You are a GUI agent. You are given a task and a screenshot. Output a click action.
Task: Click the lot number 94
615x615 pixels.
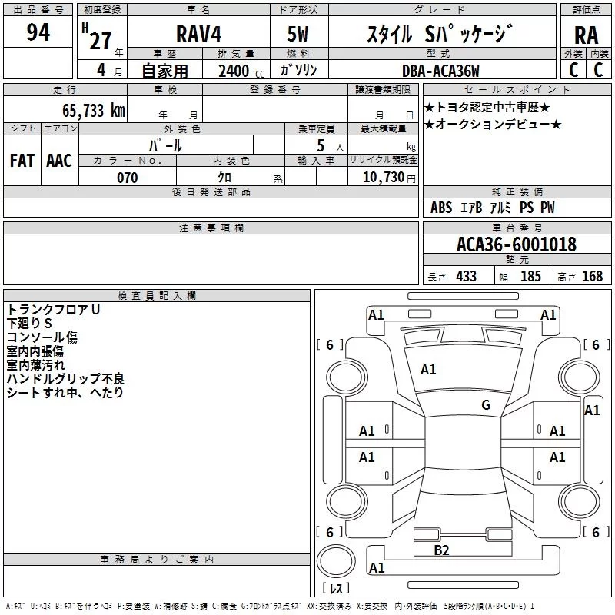point(38,32)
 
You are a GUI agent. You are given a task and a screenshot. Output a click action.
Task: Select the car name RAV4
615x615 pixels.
point(198,34)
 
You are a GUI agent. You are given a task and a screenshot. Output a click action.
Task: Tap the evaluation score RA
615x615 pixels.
point(586,35)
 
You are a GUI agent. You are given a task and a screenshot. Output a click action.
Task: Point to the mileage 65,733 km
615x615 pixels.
point(94,110)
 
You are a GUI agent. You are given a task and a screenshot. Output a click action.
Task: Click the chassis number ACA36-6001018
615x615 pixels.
point(517,244)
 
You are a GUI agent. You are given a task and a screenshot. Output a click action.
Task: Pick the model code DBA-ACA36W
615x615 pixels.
point(440,71)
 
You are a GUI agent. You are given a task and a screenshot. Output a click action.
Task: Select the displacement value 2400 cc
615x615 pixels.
point(241,71)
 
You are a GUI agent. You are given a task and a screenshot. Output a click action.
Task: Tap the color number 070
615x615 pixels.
point(128,178)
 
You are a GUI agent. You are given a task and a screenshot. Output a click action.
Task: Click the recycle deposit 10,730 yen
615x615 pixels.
point(389,178)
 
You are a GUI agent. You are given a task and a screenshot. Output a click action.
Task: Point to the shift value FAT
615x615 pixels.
point(22,161)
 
